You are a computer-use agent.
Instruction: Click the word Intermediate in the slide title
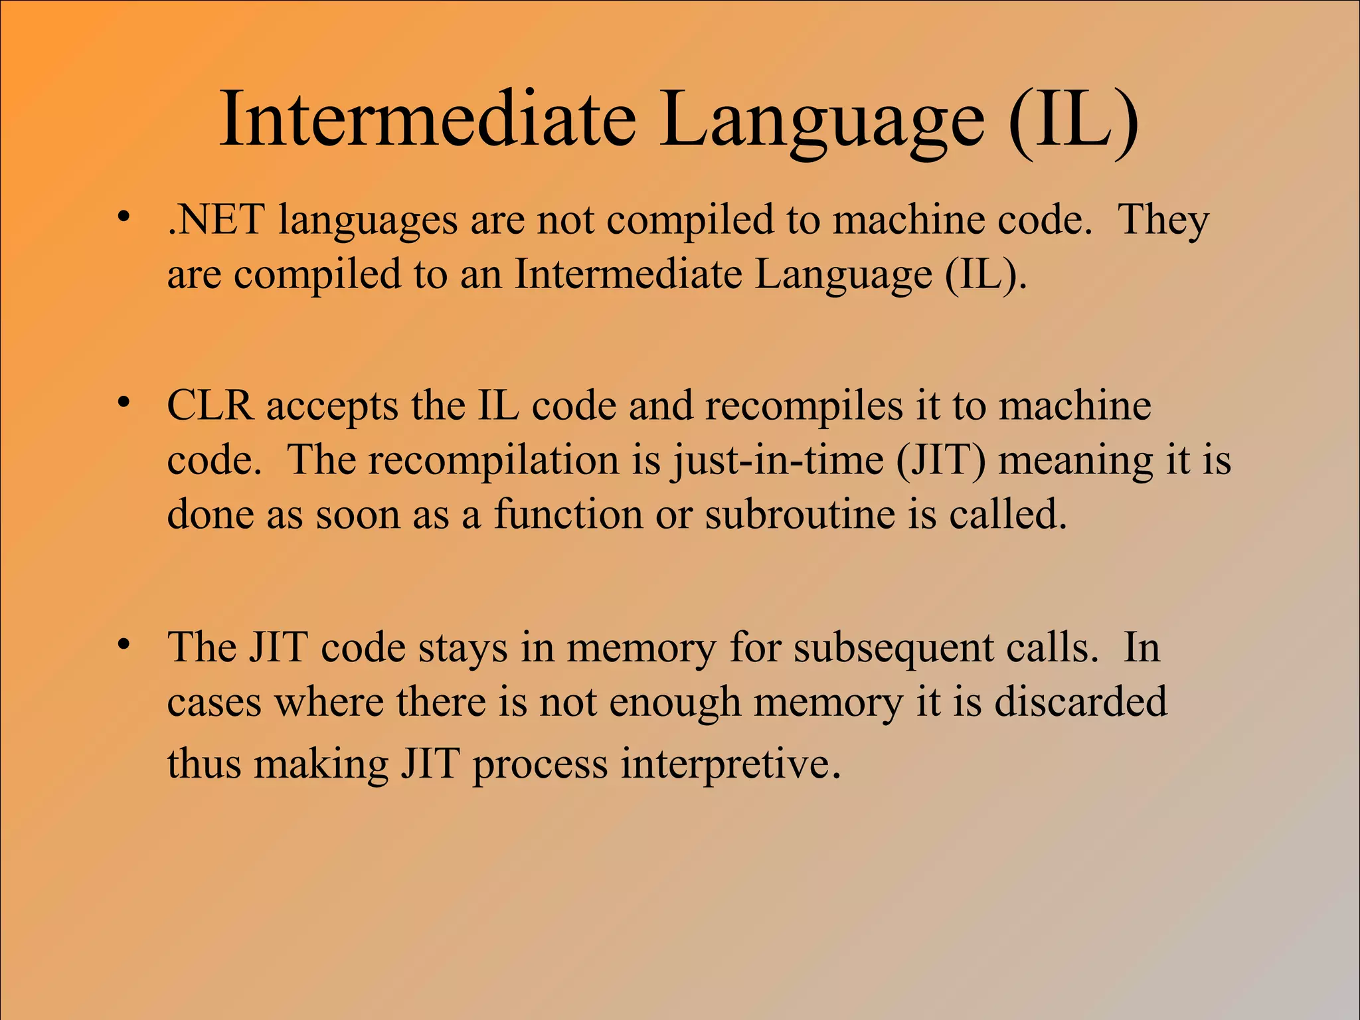click(428, 120)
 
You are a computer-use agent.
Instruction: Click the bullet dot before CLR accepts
click(122, 402)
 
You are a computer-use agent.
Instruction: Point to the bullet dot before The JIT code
click(122, 644)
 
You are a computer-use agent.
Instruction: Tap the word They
click(1163, 220)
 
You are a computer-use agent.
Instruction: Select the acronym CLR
click(210, 406)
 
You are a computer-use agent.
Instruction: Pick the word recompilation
click(493, 460)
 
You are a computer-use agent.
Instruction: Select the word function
click(568, 514)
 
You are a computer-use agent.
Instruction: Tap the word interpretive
click(730, 764)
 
